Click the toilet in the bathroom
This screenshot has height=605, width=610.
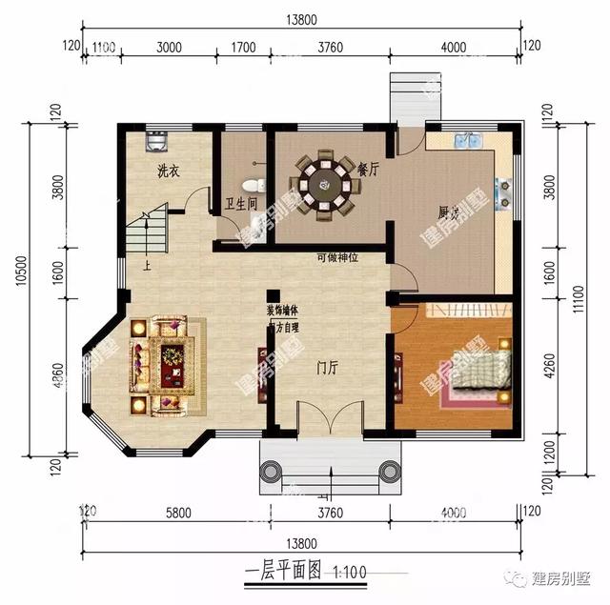[252, 184]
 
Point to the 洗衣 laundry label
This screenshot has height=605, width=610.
[170, 172]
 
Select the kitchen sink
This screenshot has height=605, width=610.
[468, 141]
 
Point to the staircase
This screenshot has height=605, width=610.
[146, 231]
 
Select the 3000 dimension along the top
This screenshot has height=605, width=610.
[168, 45]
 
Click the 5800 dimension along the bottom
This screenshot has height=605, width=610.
[177, 513]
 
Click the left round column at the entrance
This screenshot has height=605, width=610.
[271, 472]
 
